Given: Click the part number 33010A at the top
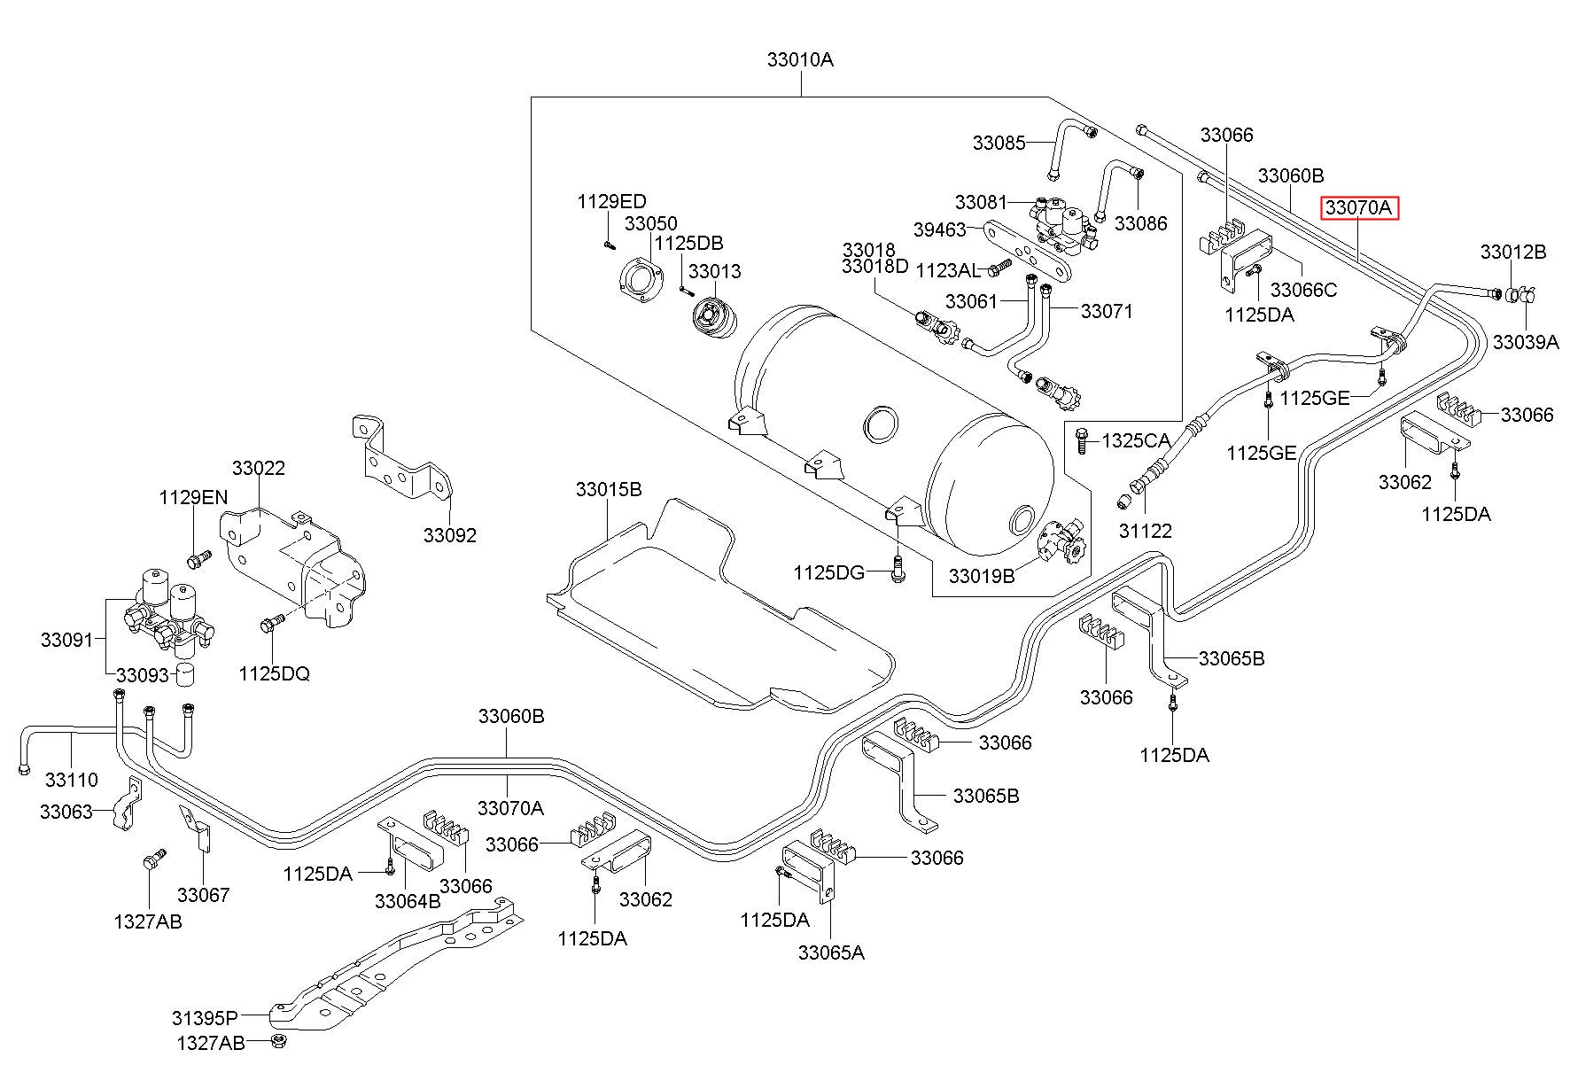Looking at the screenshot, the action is (x=800, y=60).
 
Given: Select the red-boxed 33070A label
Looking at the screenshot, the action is (x=1360, y=208).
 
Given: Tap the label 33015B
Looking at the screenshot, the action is (x=609, y=489).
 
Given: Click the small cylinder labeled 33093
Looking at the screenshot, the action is (x=185, y=674).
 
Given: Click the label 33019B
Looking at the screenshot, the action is (x=982, y=576).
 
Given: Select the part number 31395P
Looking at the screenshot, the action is (x=206, y=1017).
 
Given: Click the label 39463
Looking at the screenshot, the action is (x=940, y=229).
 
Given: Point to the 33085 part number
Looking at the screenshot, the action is (x=999, y=143).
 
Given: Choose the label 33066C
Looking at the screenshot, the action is (x=1304, y=290).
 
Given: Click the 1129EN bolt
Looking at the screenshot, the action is (x=198, y=559).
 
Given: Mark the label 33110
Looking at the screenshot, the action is (x=72, y=780).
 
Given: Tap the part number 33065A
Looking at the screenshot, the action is (x=831, y=952).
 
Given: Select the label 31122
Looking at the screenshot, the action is (x=1145, y=531).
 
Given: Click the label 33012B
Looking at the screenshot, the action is (x=1513, y=252).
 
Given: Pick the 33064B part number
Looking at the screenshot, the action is (x=408, y=901).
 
